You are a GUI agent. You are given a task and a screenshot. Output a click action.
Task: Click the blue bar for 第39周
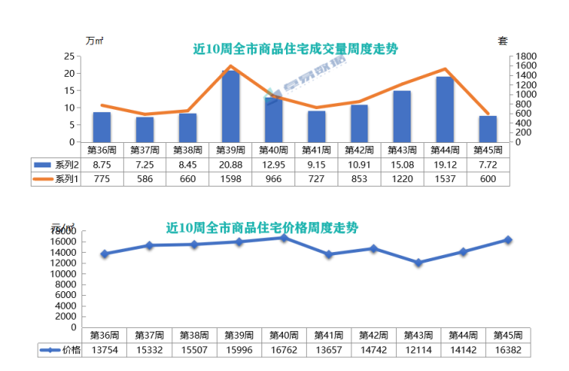pos(231,107)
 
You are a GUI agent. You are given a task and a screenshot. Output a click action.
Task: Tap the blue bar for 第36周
pos(102,128)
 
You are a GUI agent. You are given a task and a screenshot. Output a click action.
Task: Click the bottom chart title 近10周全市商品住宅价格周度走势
pos(262,228)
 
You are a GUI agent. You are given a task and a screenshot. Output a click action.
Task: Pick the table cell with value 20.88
pos(231,164)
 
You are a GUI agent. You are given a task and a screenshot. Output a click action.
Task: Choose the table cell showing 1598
pos(231,179)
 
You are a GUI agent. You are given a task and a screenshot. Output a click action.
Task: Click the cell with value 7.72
pos(487,164)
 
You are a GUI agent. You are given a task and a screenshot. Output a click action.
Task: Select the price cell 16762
pos(284,350)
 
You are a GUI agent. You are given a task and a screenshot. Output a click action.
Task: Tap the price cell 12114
pos(418,350)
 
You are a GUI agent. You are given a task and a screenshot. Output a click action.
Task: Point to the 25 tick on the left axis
pos(69,57)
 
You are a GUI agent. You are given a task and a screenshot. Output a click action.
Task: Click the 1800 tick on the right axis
pos(526,57)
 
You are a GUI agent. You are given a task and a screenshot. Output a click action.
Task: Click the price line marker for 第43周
pos(418,263)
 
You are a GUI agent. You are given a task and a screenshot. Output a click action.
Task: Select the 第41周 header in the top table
pos(316,150)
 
